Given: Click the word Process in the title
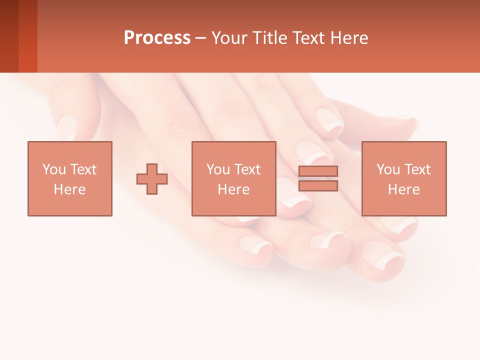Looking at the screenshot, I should [x=157, y=38].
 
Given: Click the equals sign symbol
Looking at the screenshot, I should [x=318, y=178].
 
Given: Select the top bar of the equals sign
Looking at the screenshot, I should [x=318, y=171].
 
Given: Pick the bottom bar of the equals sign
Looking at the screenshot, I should [x=318, y=186].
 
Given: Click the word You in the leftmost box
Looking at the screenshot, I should [x=53, y=169].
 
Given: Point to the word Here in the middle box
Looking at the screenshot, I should [x=234, y=189].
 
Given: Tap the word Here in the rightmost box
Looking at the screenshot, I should [x=404, y=189].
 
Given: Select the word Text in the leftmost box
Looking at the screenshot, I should [x=83, y=169].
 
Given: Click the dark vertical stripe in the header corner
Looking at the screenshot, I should [x=27, y=36].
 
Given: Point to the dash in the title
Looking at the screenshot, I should [x=201, y=38].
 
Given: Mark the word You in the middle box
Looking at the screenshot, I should [x=218, y=169].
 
